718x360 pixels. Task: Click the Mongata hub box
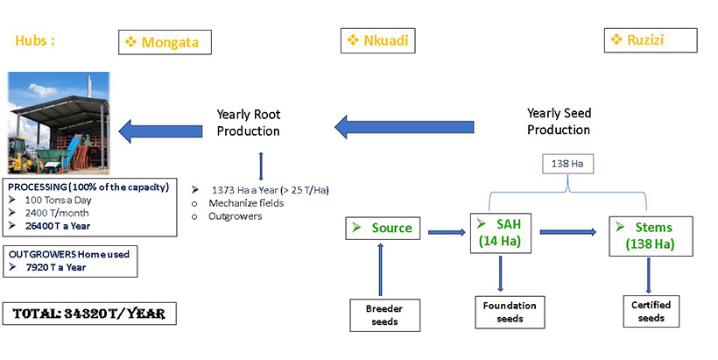165,41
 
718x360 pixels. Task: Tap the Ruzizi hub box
651,40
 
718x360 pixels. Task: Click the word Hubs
35,40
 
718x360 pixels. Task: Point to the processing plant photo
58,122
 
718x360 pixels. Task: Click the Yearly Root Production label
249,123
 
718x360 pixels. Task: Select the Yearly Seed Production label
559,122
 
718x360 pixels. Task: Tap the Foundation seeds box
503,311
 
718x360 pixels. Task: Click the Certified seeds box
651,311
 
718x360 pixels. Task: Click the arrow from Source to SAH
442,233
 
